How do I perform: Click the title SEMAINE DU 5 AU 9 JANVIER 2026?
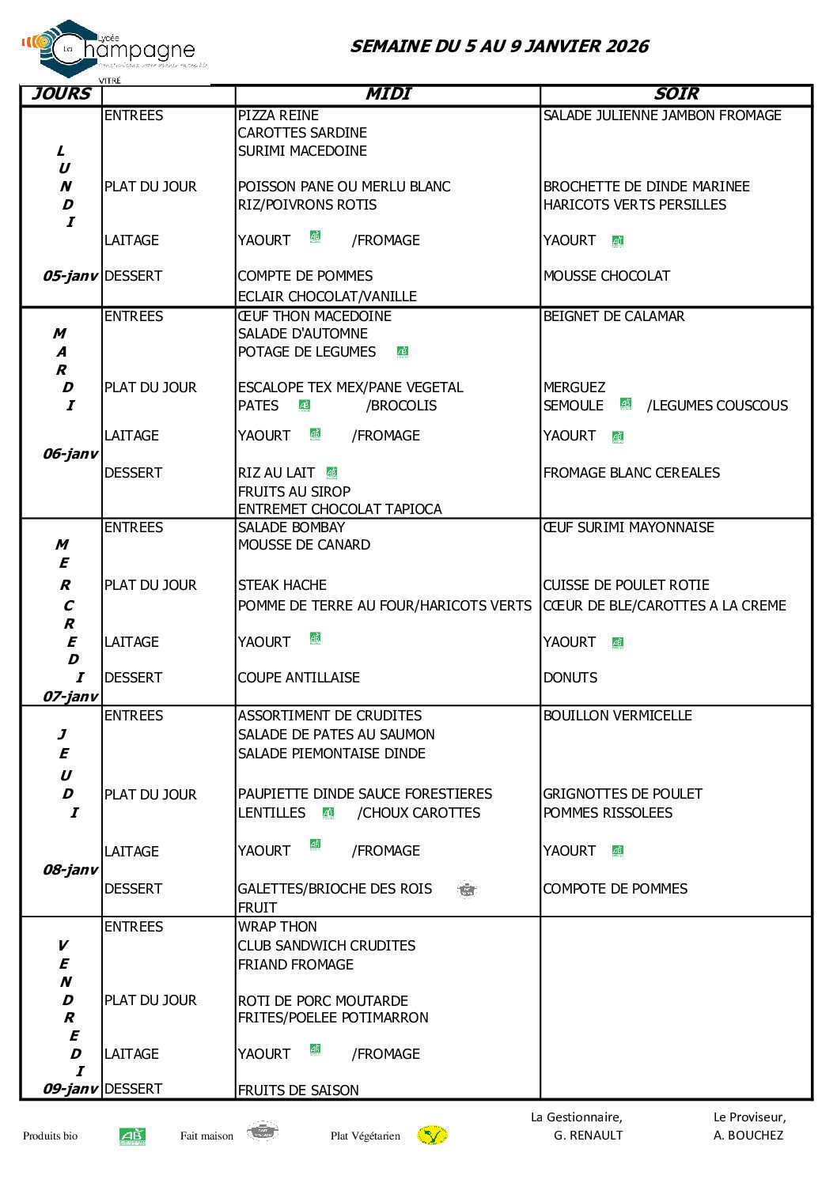coord(499,47)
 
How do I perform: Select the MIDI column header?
coord(388,94)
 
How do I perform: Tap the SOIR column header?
coord(676,94)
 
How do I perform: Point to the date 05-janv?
coord(70,276)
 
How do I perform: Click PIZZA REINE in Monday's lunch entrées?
coord(278,115)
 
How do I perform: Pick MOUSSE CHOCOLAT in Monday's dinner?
coord(606,276)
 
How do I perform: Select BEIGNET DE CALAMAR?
coord(613,316)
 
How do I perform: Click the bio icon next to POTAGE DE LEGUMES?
coord(402,352)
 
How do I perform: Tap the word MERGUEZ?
coord(574,387)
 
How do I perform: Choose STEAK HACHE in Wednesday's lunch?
coord(282,585)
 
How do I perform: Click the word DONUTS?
coord(570,678)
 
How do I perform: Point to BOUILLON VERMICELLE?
coord(617,716)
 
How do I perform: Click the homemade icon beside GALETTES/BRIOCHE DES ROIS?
coord(467,890)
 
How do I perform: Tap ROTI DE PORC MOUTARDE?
coord(323,1001)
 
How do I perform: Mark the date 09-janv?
coord(70,1089)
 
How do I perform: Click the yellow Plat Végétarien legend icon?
coord(432,1136)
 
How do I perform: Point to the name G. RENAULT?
coord(588,1136)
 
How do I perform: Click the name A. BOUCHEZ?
coord(748,1136)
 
